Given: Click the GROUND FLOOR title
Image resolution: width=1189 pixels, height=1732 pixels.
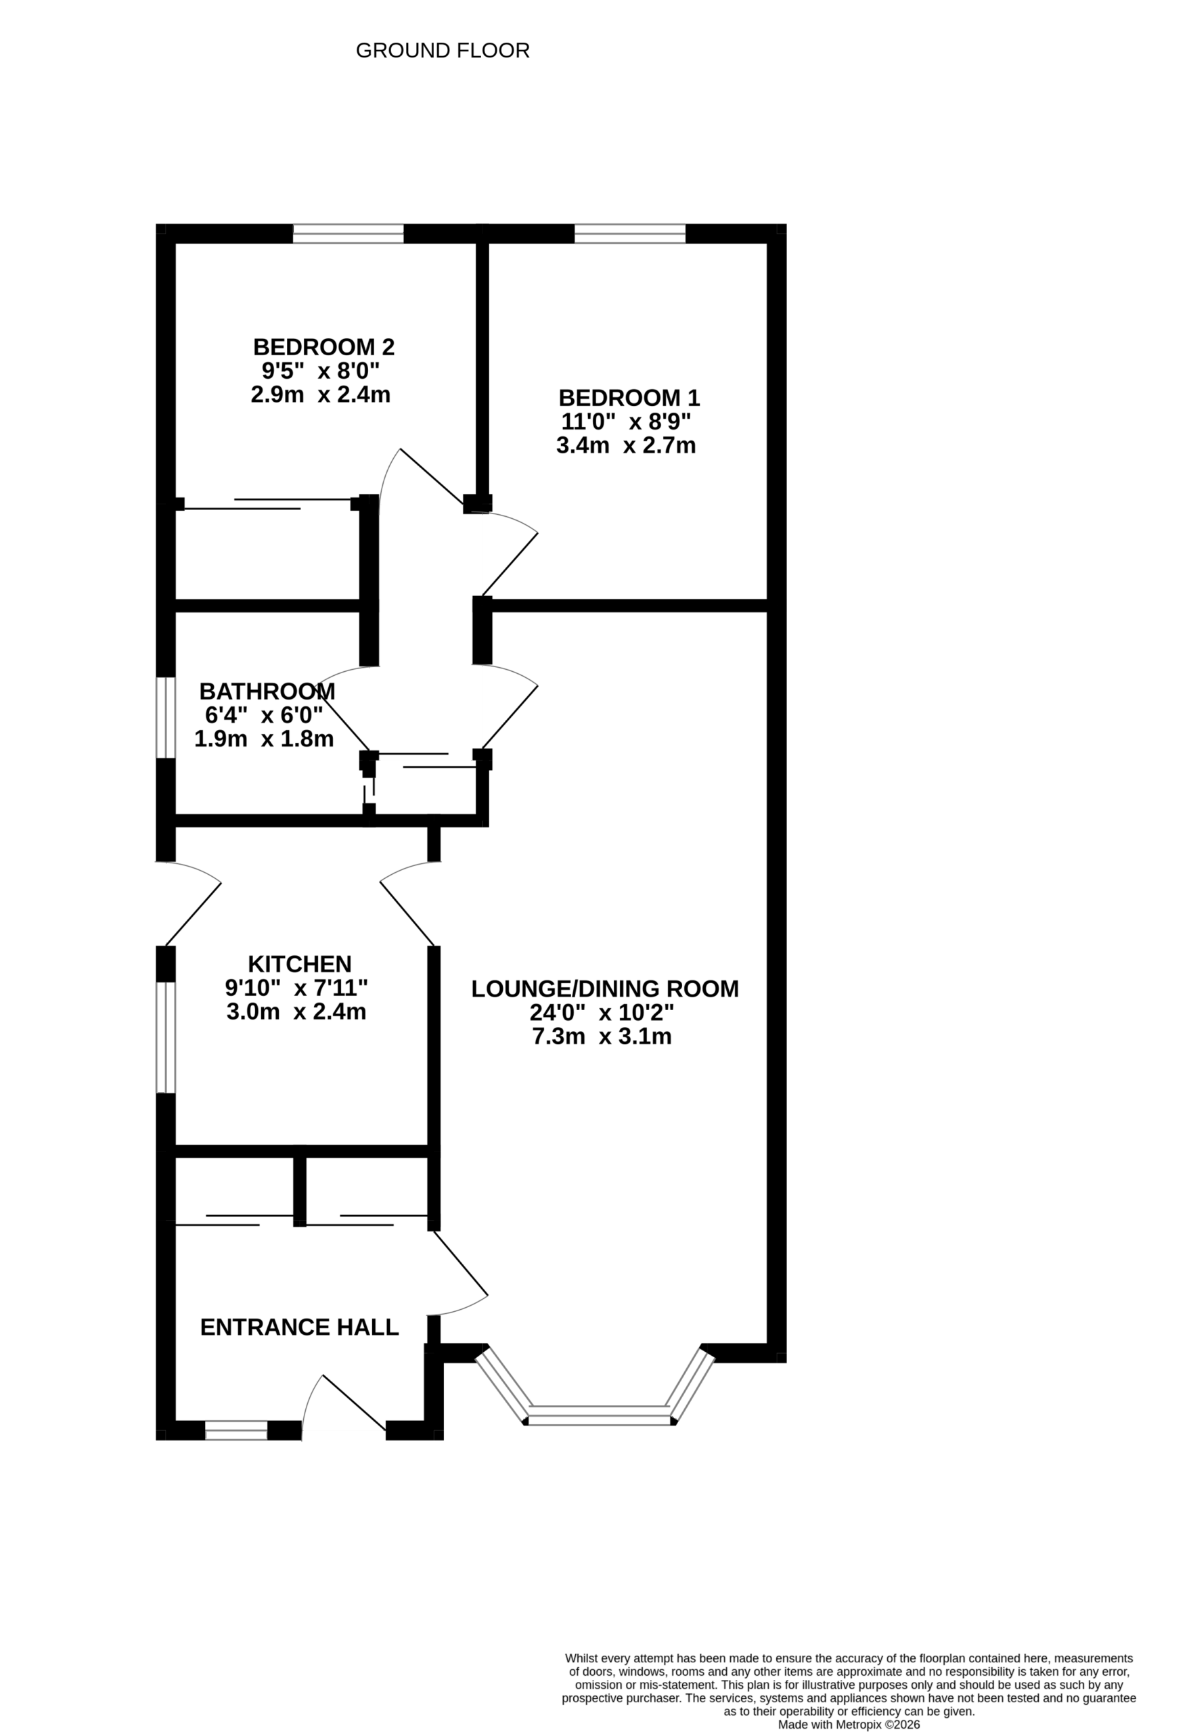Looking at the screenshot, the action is [443, 51].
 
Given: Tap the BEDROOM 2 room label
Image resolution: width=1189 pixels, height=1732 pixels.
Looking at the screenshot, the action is [323, 347].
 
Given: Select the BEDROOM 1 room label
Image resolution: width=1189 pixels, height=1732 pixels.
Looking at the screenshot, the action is [629, 398].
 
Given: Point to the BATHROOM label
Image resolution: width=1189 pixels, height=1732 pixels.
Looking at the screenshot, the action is [267, 691].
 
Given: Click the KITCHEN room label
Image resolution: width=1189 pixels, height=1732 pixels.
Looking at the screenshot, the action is [299, 964].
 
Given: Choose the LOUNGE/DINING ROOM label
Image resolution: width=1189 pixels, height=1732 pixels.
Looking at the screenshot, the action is [604, 989].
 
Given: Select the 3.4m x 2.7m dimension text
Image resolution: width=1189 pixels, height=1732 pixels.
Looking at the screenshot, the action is [625, 446].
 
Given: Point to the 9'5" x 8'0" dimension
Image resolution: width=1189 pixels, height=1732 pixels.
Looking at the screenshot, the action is [321, 370].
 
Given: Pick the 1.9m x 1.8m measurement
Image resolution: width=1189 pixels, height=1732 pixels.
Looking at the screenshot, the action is [264, 739].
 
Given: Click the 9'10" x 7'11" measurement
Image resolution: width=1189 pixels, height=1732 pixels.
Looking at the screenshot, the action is [296, 988].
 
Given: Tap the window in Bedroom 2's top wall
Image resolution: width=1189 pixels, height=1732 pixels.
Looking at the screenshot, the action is [348, 234].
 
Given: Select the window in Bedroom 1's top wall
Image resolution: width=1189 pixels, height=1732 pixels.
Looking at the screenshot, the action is [630, 234].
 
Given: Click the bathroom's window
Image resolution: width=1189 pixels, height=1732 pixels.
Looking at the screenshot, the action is [166, 718].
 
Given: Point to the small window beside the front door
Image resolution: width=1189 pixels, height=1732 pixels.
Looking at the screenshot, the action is [235, 1430].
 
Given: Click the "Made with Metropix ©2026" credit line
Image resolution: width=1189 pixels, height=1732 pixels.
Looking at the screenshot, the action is [849, 1725].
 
